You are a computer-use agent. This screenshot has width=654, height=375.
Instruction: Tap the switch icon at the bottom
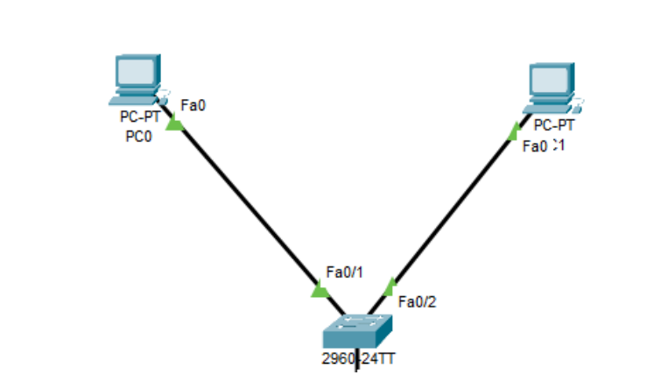pos(357,332)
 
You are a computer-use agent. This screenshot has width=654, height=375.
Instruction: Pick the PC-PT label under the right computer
pos(554,125)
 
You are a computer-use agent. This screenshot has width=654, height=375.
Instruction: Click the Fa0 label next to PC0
pos(193,106)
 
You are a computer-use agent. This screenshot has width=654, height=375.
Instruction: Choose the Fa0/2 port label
pos(417,302)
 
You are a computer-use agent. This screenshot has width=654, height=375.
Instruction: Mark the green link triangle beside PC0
pos(175,124)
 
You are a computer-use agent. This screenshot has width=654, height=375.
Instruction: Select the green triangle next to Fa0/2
pos(390,285)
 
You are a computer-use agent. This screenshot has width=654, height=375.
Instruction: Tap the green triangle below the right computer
pos(514,131)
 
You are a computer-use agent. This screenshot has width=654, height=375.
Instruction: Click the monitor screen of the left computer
pos(138,70)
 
